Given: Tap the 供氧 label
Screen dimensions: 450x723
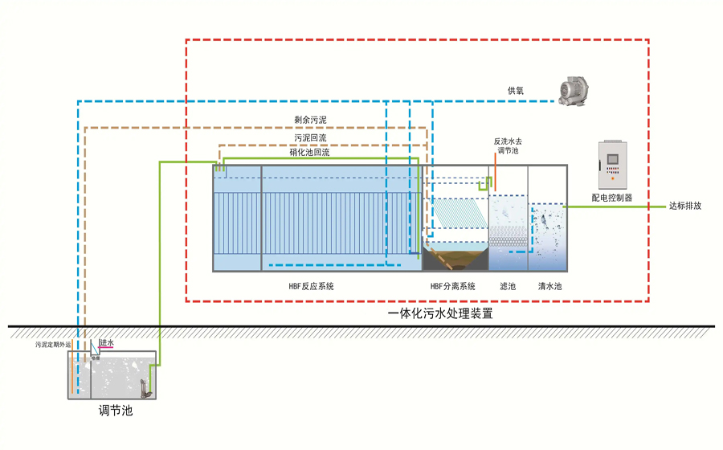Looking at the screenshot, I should [515, 91].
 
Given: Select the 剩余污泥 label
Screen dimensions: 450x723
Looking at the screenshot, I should [310, 120].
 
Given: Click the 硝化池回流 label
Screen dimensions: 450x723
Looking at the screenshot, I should [309, 152].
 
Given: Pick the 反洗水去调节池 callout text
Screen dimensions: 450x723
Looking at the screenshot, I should [509, 145].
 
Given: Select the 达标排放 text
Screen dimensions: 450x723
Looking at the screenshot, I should [686, 206].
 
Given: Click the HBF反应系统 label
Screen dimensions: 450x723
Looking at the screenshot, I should [312, 286].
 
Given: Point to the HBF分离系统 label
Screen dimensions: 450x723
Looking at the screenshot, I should [453, 286].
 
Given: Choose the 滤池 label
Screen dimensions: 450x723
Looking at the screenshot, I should [507, 286].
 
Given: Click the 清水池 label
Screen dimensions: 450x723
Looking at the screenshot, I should [549, 286].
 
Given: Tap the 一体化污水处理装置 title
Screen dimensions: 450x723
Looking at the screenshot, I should [439, 314].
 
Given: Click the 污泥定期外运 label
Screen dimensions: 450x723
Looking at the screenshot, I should [53, 345].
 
